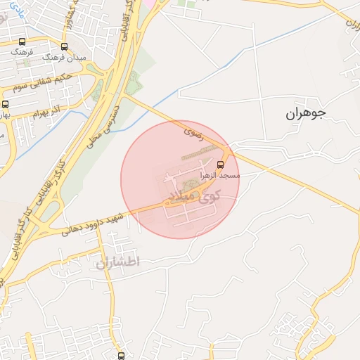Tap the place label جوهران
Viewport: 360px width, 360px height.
(307, 112)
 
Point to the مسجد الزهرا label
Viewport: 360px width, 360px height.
(220, 174)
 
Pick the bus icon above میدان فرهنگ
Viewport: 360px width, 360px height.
(65, 46)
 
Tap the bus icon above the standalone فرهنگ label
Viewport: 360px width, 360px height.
(22, 42)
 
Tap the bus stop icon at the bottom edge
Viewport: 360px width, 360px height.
(121, 356)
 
